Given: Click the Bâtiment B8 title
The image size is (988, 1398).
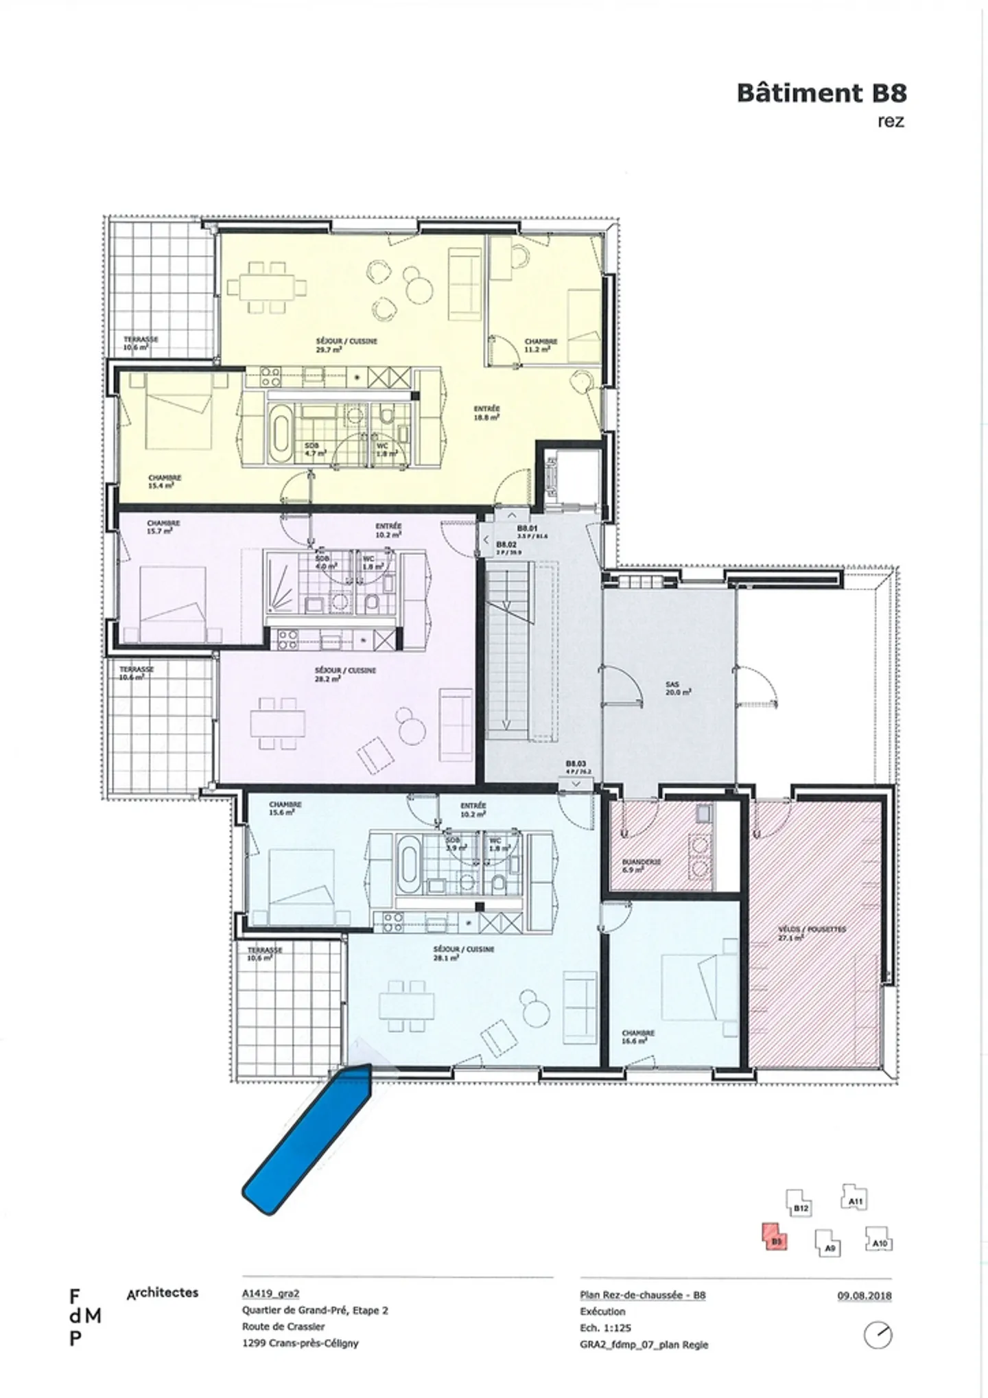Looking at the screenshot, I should (821, 93).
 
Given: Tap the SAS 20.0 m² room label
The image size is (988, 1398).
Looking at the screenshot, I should (678, 688).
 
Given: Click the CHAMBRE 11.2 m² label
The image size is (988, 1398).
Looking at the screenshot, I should (541, 345).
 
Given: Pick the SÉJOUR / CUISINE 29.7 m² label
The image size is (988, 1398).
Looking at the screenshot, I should (346, 345).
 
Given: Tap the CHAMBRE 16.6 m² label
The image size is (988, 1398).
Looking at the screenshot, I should (637, 1036).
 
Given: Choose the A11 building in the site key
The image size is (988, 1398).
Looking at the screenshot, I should (854, 1198).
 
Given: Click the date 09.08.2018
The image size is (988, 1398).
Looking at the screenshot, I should (864, 1296).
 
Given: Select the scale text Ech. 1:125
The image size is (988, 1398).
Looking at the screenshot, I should (605, 1328).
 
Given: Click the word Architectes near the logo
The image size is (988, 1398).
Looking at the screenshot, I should (163, 1293).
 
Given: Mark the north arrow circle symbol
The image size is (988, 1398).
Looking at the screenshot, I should (878, 1335).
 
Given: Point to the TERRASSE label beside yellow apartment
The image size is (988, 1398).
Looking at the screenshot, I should (141, 343).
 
